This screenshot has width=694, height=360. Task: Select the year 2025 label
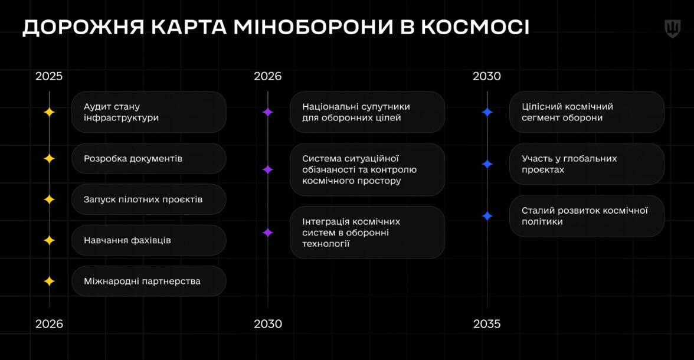tap(48, 76)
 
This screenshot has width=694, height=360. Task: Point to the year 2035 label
tap(486, 324)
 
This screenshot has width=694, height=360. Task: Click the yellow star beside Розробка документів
tap(49, 159)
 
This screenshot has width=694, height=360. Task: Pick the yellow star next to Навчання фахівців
tap(49, 240)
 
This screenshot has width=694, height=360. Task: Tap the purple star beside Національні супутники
tap(268, 112)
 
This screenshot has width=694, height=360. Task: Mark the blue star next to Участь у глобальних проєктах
tap(487, 164)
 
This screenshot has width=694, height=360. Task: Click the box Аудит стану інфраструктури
tap(149, 112)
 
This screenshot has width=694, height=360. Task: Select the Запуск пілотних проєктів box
tap(149, 199)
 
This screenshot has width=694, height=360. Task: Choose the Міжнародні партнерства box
tap(149, 281)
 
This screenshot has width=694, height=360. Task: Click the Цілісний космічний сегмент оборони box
tap(587, 112)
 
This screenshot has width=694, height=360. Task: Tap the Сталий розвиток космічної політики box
tap(587, 216)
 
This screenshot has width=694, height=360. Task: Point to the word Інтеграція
tap(326, 222)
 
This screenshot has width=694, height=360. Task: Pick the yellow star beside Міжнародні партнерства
tap(49, 281)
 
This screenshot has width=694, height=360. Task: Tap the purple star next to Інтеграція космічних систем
tap(268, 233)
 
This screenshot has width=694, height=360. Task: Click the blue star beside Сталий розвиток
tap(487, 216)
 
